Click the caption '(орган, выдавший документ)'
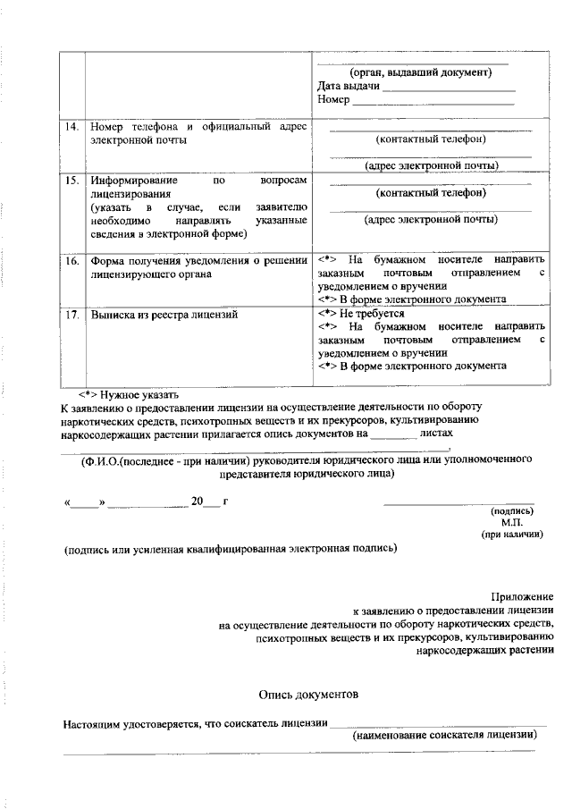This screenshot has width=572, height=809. tap(420, 72)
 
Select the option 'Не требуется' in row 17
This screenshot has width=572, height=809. tap(371, 315)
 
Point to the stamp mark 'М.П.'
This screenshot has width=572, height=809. tap(511, 522)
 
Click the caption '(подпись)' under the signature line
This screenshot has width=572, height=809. tap(513, 511)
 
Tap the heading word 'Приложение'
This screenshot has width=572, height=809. tap(522, 596)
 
